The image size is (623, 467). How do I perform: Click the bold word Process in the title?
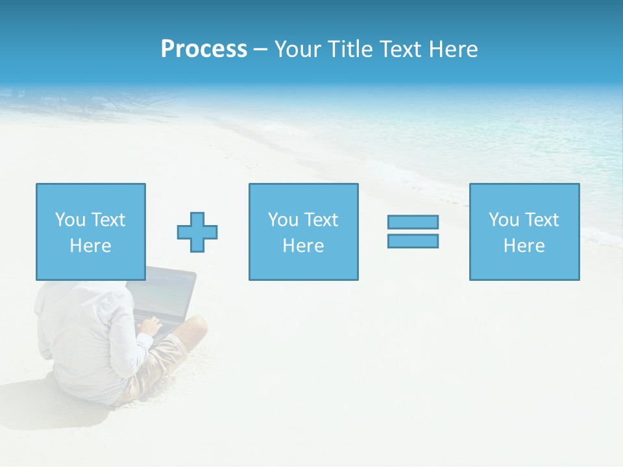coord(204,49)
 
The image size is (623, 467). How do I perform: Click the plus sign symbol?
coord(197,232)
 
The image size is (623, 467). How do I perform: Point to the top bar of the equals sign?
coord(413,222)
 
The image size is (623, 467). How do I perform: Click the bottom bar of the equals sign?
coord(413,241)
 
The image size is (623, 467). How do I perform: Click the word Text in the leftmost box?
coord(108,220)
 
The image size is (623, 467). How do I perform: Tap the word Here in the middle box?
coord(303,246)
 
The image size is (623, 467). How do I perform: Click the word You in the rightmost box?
coord(504,220)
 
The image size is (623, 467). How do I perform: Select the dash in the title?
coord(260,49)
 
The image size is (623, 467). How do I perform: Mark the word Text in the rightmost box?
coord(541,220)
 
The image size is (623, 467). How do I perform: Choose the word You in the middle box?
coord(284,220)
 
